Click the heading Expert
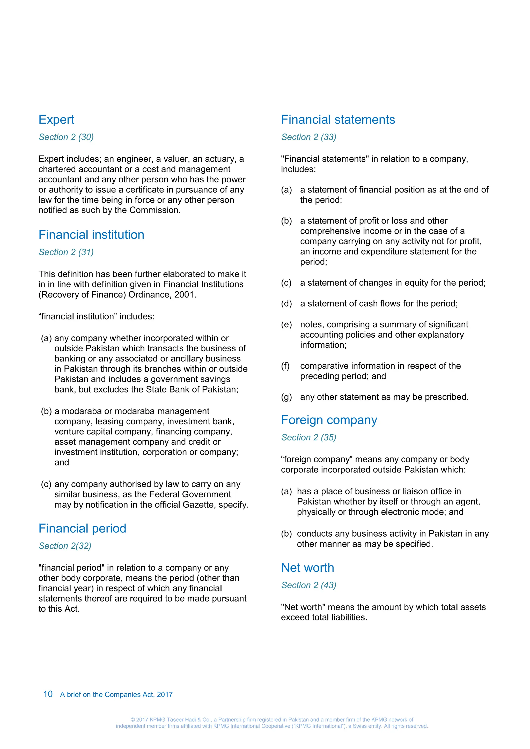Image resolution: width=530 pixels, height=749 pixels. tap(56, 120)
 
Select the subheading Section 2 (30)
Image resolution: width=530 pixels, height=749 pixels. tap(66, 137)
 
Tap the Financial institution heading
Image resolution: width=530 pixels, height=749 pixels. tap(91, 235)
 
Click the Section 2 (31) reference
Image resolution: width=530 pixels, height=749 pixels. tap(66, 252)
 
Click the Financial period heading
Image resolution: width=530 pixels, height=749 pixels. tap(82, 529)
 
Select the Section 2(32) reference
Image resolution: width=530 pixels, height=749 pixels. tap(65, 546)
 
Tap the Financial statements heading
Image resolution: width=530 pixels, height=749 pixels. tap(338, 120)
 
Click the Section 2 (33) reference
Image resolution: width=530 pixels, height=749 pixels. tap(308, 137)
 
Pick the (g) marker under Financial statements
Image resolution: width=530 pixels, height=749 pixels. tap(286, 397)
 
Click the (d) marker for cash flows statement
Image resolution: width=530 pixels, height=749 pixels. tap(286, 304)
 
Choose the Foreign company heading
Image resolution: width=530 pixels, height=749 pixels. tap(329, 420)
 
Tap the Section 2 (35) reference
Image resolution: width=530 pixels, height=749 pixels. tap(308, 437)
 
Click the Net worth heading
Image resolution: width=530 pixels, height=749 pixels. tap(307, 568)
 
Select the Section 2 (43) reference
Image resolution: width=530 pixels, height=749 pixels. tap(308, 585)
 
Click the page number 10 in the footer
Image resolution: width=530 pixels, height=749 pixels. tap(48, 694)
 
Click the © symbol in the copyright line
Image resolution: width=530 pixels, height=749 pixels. tap(132, 720)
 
